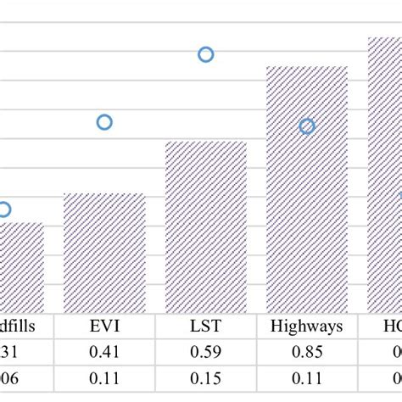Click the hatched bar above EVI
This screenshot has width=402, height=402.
[x=104, y=253]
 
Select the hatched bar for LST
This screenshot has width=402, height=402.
[x=206, y=226]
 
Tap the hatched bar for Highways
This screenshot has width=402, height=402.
[x=307, y=189]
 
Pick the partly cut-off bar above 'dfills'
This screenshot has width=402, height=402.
[x=21, y=267]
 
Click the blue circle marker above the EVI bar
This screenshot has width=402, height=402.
[x=104, y=122]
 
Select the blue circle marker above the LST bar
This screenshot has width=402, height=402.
[x=206, y=54]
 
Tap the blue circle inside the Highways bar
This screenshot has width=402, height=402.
[x=307, y=126]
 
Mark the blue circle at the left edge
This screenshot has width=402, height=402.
[x=4, y=209]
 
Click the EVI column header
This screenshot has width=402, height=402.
[x=104, y=326]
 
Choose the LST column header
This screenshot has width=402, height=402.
[x=206, y=326]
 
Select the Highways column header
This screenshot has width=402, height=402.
[x=307, y=326]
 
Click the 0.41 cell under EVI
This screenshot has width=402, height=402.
[x=104, y=353]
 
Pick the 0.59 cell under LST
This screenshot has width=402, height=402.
[x=206, y=353]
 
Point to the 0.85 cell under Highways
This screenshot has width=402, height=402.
[x=307, y=353]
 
